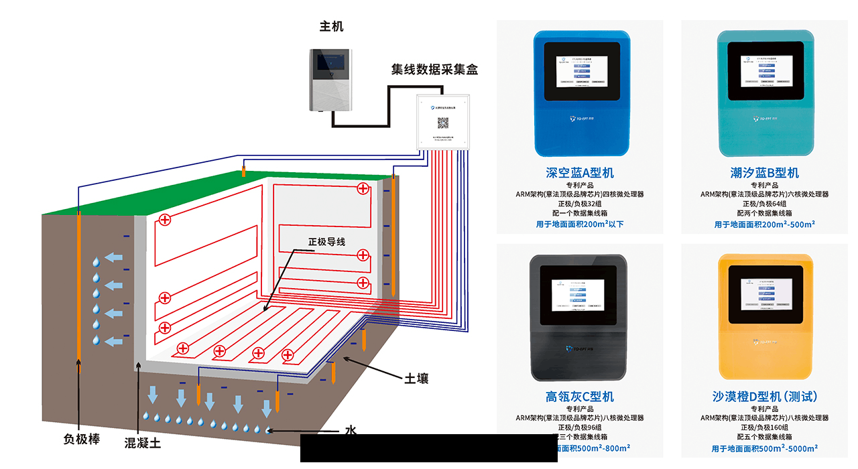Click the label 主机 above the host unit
(x=331, y=27)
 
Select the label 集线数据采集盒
(x=434, y=70)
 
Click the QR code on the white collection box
(x=442, y=123)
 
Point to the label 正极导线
(x=326, y=241)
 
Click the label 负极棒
(x=82, y=440)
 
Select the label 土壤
(x=416, y=379)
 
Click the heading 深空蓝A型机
(x=580, y=173)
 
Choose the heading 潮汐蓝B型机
(x=764, y=173)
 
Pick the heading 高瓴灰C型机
(x=580, y=397)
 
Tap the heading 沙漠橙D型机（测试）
(x=764, y=397)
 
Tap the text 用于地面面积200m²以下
(x=580, y=224)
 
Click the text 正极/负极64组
(x=764, y=204)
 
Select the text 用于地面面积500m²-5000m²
(x=764, y=448)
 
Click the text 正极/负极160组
(x=764, y=427)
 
